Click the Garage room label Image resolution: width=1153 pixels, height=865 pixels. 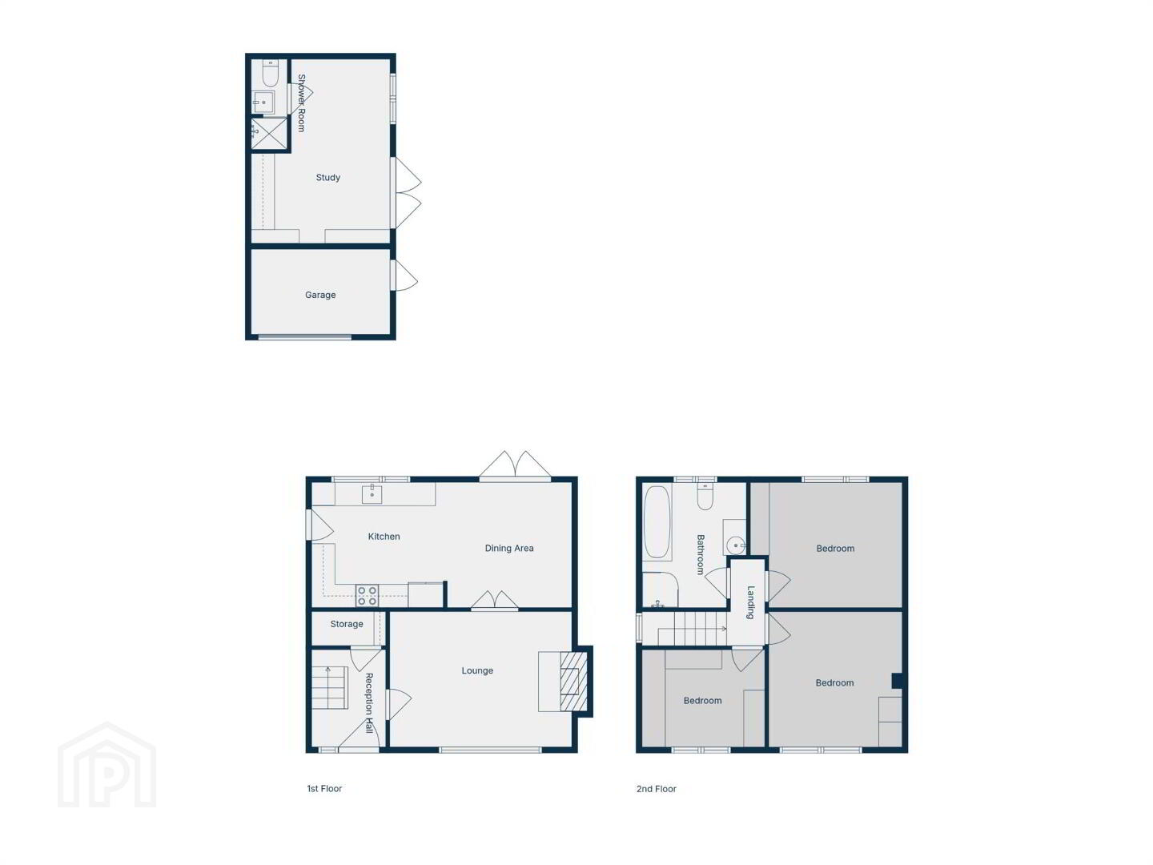coord(320,296)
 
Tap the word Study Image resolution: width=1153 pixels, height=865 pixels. coord(327,178)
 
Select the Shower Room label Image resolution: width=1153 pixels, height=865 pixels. coord(302,103)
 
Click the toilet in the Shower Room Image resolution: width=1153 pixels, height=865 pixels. coord(270,74)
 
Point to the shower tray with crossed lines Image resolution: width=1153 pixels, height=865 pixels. coord(270,134)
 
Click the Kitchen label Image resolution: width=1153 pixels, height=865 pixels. coord(384,537)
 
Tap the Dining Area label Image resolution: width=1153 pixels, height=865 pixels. coord(509,548)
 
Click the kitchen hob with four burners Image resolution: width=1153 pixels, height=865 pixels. coord(367,596)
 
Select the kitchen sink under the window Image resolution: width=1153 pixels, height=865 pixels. coord(372,494)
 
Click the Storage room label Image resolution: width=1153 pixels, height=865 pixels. coord(346,624)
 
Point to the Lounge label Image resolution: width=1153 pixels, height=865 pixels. coord(477,670)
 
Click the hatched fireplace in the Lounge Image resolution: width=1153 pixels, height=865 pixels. coord(573,682)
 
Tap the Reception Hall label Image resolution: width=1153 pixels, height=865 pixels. coord(369,703)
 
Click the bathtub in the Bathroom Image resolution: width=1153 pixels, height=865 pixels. coord(657,522)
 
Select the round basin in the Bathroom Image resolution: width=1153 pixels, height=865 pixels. coord(736,545)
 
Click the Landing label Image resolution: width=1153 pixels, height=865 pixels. coord(750,602)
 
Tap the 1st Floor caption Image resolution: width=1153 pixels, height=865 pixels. coord(324,788)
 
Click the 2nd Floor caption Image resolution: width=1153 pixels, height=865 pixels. coord(656,789)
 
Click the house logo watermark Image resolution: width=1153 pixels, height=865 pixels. coord(106,765)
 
